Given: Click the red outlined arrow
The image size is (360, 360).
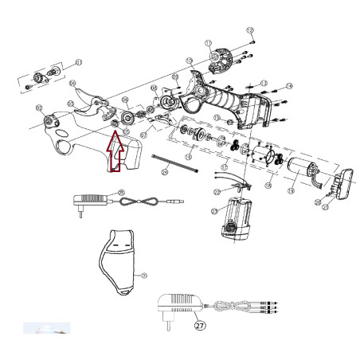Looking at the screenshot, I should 115,151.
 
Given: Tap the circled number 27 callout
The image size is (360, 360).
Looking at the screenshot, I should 199,324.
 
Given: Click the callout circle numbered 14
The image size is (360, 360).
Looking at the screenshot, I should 289,85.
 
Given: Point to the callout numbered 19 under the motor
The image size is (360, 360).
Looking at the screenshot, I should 291,191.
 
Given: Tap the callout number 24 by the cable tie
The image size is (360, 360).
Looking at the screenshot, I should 164,170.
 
